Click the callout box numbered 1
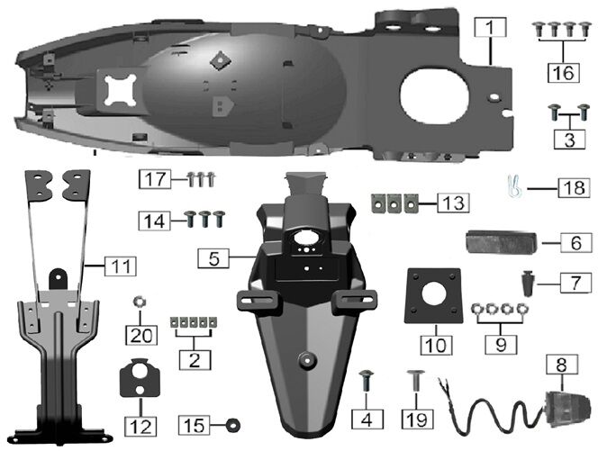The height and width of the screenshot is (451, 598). (490, 27)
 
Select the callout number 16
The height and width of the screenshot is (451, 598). (564, 72)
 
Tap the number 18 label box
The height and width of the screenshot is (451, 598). (574, 187)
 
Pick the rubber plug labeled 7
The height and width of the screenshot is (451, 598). (529, 284)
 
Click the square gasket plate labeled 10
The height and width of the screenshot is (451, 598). (433, 296)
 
